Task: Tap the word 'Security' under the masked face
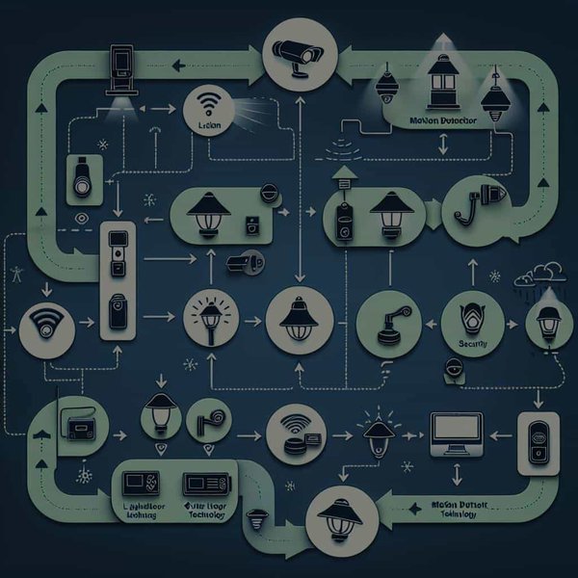473,342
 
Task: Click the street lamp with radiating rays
210,316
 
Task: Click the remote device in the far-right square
536,443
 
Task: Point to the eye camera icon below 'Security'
453,368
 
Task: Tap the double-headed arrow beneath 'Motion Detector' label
442,144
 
